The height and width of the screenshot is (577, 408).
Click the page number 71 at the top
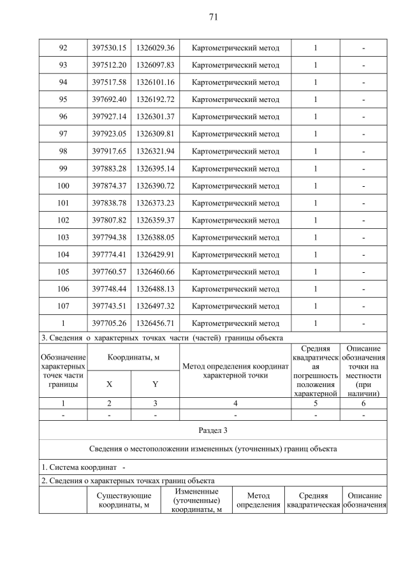click(213, 17)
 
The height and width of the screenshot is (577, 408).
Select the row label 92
click(62, 48)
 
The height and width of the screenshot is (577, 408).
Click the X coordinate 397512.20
click(108, 65)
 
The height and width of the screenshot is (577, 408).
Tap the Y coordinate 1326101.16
click(156, 82)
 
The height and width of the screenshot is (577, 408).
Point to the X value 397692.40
click(108, 99)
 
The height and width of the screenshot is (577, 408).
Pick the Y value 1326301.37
click(156, 117)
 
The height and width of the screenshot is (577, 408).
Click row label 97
click(62, 134)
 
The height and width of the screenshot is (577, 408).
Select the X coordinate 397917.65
click(108, 151)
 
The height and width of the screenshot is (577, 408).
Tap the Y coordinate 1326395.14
click(156, 168)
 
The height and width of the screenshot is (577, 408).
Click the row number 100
click(62, 186)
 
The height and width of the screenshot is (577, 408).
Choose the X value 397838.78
click(108, 203)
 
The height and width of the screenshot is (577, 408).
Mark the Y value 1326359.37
click(156, 220)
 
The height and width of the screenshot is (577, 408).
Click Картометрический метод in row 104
click(235, 254)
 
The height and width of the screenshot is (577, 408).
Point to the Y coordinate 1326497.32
click(156, 306)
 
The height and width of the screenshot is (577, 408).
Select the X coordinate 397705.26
click(108, 323)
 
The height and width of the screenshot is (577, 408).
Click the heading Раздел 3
click(213, 430)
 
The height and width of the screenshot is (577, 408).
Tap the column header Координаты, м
click(133, 358)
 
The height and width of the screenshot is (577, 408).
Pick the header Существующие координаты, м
click(124, 501)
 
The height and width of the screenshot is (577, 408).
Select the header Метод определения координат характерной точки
click(235, 370)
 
